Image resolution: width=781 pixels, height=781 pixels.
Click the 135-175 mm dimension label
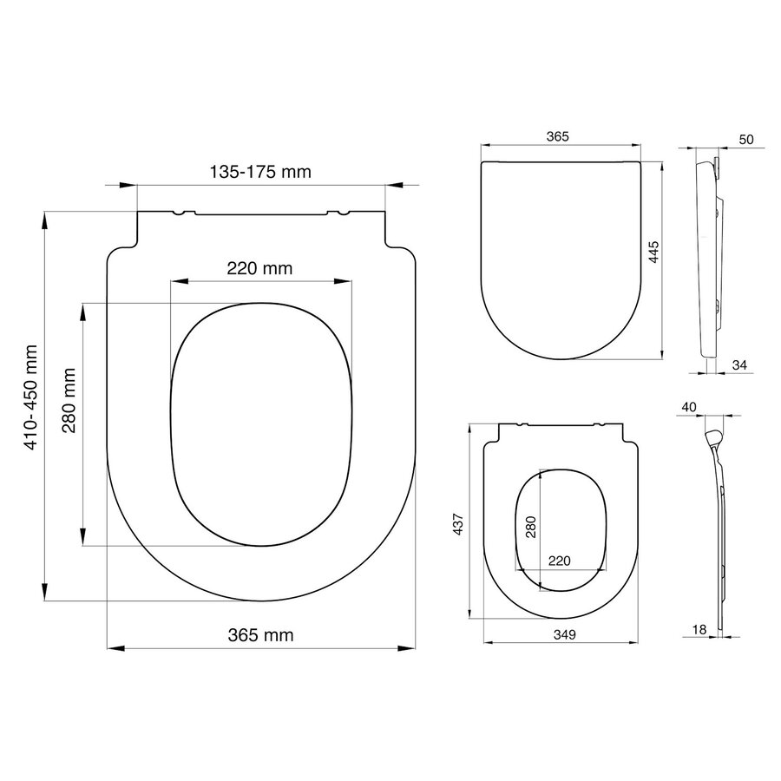[260, 171]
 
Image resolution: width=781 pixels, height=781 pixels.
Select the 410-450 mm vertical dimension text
[31, 397]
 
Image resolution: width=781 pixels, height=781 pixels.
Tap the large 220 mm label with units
[260, 269]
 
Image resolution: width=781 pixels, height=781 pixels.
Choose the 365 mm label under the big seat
[260, 635]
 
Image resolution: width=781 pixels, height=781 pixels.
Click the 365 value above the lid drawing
[557, 137]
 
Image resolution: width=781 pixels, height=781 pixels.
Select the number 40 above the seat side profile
[690, 405]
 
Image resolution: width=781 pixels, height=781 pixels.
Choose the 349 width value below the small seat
[562, 634]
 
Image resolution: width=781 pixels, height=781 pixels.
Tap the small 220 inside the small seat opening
[559, 561]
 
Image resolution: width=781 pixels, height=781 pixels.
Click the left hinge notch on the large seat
[179, 213]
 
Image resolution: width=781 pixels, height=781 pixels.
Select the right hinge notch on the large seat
[343, 213]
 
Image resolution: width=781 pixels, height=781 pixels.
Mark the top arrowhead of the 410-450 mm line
[44, 220]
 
